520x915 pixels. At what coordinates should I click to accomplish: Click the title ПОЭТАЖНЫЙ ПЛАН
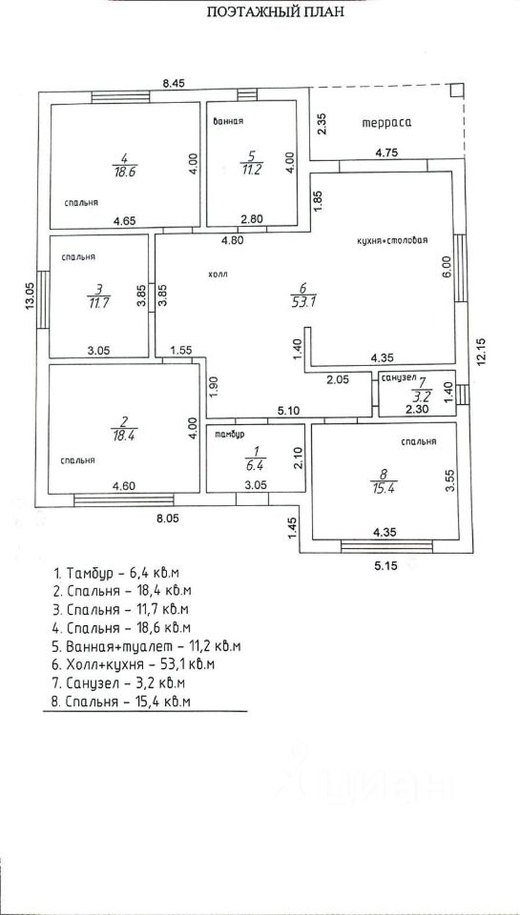pos(276,11)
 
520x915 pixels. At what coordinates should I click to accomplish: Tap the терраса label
pos(386,123)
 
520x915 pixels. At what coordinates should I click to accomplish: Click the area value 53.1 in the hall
pos(303,301)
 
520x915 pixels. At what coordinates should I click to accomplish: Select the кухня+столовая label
pos(393,240)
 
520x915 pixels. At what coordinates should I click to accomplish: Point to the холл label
pos(217,274)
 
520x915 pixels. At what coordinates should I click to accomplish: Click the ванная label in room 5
pos(228,121)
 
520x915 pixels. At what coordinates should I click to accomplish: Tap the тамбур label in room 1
pos(229,435)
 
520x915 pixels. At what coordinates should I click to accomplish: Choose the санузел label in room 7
pos(397,378)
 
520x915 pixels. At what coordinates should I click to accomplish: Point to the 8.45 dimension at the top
pos(174,84)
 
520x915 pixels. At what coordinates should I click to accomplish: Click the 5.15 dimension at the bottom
pos(386,565)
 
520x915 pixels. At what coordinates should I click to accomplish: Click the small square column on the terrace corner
pos(457,90)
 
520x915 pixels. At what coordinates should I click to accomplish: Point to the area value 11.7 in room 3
pos(98,302)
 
